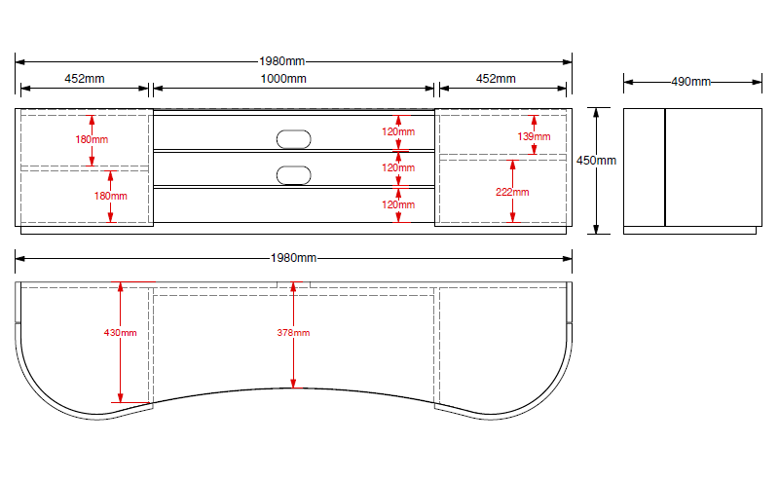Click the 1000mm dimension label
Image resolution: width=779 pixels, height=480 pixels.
(x=284, y=78)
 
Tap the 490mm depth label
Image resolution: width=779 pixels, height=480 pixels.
(x=690, y=82)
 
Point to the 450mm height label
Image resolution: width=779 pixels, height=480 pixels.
(x=596, y=160)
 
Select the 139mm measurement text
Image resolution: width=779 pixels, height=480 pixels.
(x=534, y=137)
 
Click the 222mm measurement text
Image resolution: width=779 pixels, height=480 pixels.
(x=512, y=192)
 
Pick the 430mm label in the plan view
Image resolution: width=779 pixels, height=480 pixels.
(x=120, y=333)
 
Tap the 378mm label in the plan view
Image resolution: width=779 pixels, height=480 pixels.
(x=292, y=333)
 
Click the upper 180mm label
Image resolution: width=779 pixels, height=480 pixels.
(x=92, y=139)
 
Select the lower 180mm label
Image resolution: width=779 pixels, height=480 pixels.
(x=110, y=196)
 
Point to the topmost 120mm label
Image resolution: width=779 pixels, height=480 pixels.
(x=397, y=131)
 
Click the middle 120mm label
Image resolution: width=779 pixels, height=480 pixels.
(x=397, y=167)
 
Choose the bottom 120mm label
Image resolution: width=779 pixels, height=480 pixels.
(x=397, y=204)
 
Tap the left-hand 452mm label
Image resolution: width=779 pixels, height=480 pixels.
(x=85, y=78)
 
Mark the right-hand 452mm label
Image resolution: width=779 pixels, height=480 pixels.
(x=496, y=78)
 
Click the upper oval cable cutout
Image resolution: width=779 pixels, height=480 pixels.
(x=293, y=138)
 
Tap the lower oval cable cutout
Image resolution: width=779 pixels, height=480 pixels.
(x=293, y=175)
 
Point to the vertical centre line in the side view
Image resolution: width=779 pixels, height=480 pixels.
(x=665, y=166)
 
